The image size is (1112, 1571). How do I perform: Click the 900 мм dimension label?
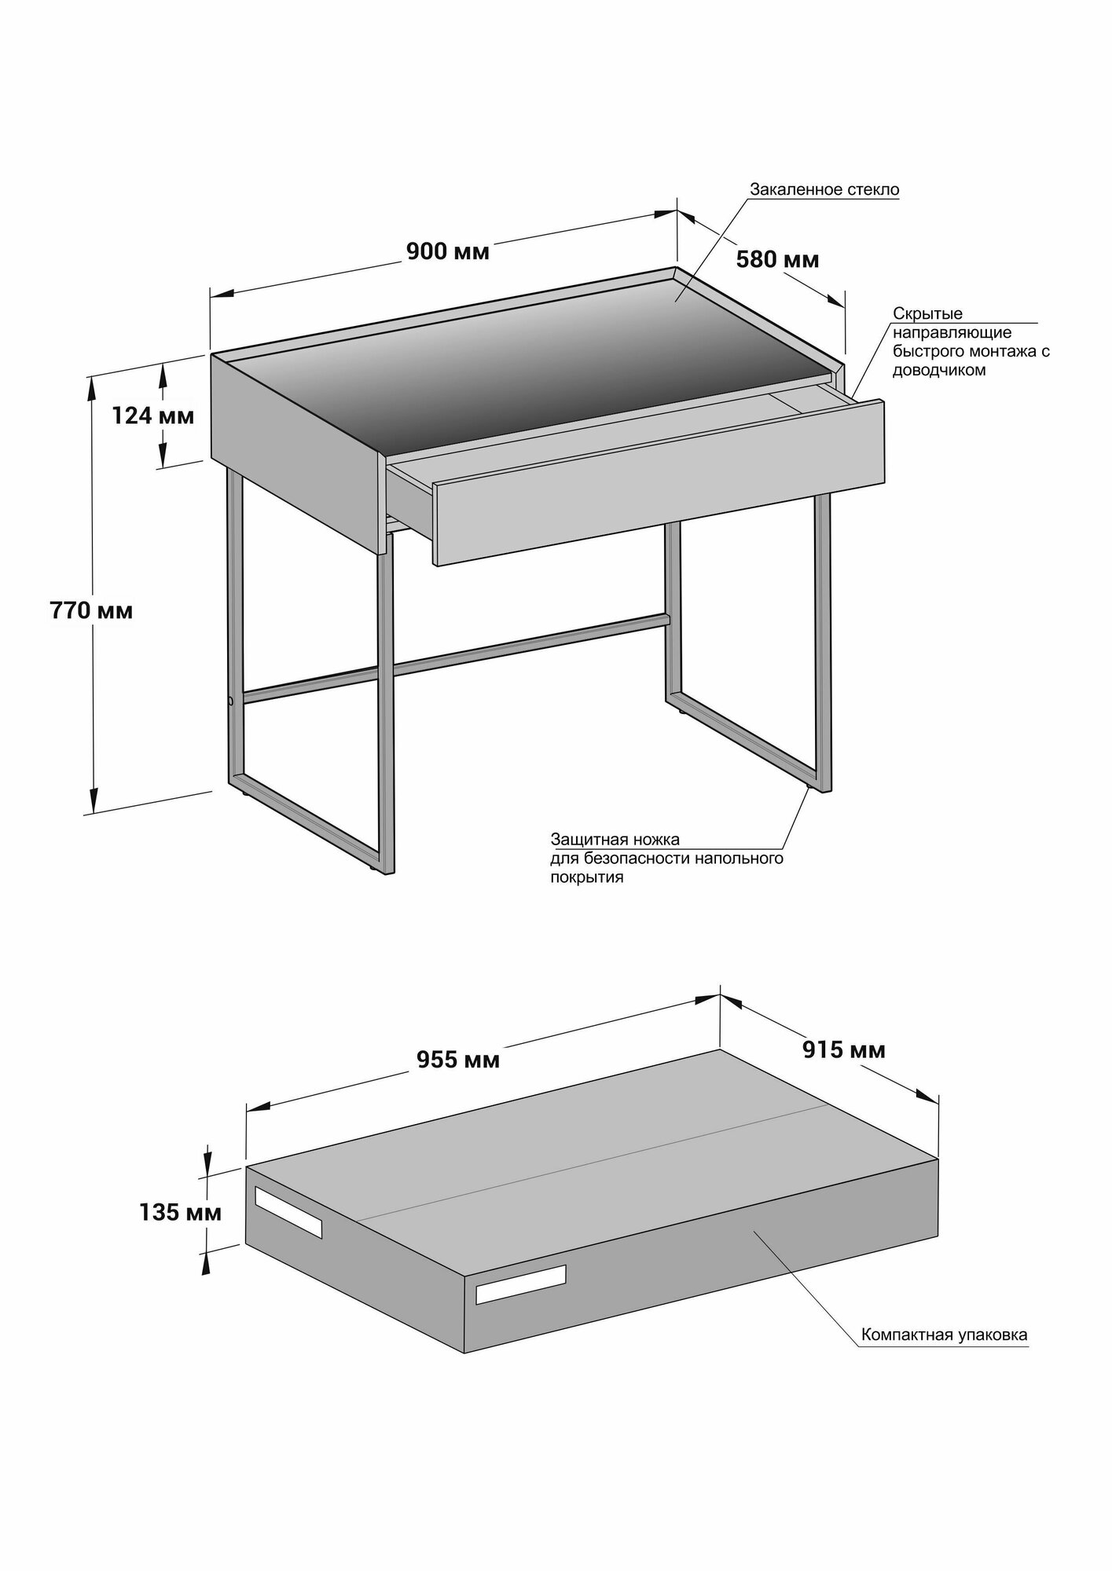point(447,251)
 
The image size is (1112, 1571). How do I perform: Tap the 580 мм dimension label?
point(776,259)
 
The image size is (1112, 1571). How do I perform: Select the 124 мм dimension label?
point(152,415)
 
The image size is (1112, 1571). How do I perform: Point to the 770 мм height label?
point(91,610)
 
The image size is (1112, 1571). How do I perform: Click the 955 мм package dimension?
point(458,1060)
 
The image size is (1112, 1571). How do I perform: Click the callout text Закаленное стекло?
point(824,189)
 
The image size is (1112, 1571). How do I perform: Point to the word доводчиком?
point(938,370)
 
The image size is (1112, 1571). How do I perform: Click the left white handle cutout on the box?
point(288,1222)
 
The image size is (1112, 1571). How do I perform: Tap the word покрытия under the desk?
point(586,877)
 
